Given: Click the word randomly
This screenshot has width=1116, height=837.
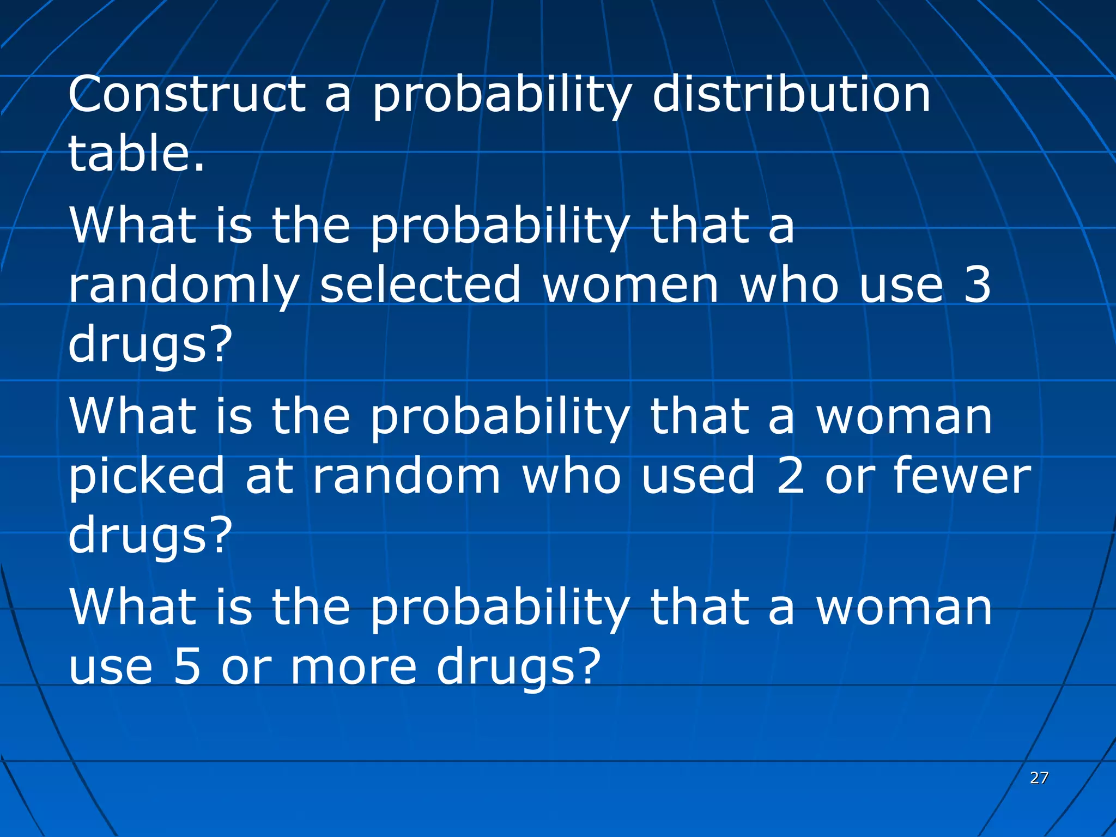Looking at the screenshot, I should click(184, 287).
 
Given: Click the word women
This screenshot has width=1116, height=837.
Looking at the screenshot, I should click(631, 286).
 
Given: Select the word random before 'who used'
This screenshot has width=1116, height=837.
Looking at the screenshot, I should click(407, 476).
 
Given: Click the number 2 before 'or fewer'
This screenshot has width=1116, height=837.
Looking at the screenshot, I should click(791, 476).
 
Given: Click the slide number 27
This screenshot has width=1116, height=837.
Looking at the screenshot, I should click(1039, 778).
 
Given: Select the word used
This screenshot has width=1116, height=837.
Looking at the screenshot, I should click(699, 476).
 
